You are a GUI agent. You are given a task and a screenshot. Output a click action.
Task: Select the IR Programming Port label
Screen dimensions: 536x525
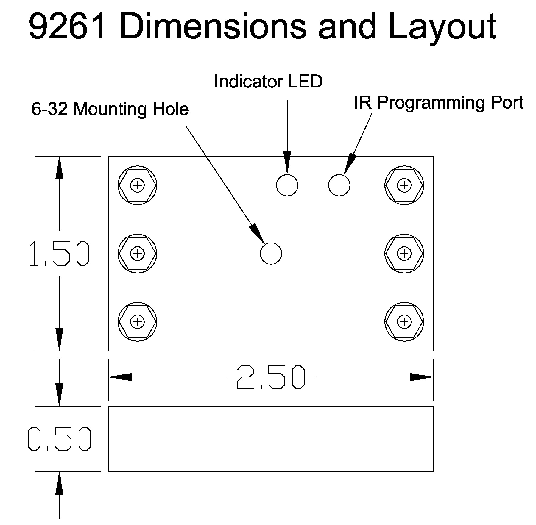(x=439, y=103)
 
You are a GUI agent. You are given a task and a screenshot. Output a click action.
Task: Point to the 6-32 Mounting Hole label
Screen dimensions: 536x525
(x=110, y=109)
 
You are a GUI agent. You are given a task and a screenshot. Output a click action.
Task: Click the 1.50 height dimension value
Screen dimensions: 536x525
(x=59, y=254)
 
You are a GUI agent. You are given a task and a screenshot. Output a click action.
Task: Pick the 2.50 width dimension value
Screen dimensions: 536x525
(x=271, y=377)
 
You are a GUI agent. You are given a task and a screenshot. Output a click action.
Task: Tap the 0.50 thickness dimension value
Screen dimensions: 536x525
(x=59, y=439)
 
